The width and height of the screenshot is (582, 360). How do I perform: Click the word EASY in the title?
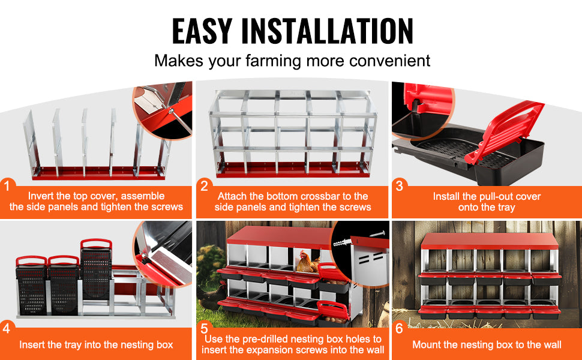[x=202, y=31]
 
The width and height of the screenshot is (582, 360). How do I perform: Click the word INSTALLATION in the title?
[x=327, y=31]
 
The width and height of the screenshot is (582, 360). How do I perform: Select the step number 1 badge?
[x=7, y=185]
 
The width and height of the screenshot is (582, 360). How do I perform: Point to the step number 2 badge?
[x=204, y=185]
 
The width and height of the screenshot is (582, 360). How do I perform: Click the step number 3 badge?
[x=400, y=185]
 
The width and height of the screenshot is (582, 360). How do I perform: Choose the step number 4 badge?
[x=7, y=328]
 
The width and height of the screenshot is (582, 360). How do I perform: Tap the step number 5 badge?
[x=204, y=328]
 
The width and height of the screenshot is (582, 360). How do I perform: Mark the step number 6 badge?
[x=400, y=328]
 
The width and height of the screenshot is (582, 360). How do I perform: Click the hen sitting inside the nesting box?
[x=307, y=262]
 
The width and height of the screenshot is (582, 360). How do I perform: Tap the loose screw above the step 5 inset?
[x=377, y=234]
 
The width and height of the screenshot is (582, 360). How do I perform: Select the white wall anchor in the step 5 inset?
[x=342, y=243]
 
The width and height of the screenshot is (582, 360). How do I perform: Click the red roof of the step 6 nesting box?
[x=490, y=241]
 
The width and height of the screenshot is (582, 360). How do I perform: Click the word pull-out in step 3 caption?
[x=476, y=197]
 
